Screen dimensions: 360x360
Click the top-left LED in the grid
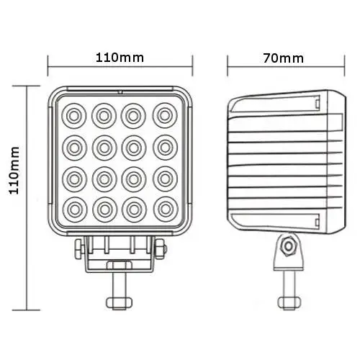click(74, 113)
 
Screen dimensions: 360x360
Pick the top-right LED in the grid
click(166, 113)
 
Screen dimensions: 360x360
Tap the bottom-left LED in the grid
click(74, 209)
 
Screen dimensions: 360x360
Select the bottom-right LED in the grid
click(166, 209)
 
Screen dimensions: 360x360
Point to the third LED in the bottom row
click(135, 209)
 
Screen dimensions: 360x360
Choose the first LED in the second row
click(74, 145)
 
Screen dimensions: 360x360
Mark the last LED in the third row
click(166, 177)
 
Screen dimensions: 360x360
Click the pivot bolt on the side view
click(289, 246)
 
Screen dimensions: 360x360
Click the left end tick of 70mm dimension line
click(228, 71)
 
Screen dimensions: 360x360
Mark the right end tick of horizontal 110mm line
click(193, 71)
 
